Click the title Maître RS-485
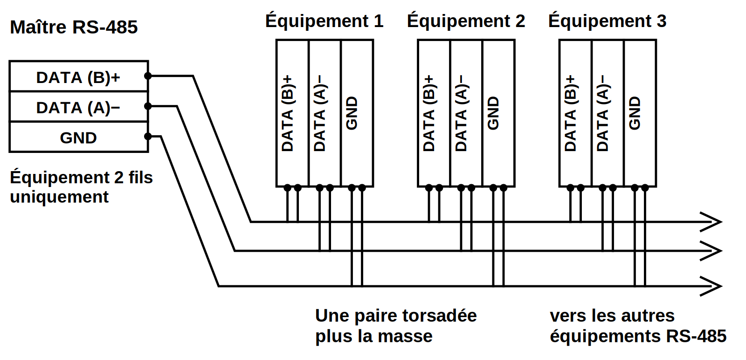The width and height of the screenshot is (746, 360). pos(74,27)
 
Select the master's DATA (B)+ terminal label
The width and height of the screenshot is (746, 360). pos(78,77)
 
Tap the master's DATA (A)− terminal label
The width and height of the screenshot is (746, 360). pos(78,108)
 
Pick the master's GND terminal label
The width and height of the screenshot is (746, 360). pos(78,138)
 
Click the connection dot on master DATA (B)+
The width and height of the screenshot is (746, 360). pos(148,76)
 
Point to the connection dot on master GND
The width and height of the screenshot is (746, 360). pos(148,137)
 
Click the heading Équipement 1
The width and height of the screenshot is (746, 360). pos(325,21)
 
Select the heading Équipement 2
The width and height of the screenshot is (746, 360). pos(466,21)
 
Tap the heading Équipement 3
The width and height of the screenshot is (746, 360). pos(608,21)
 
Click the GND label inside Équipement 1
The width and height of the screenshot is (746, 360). pos(352,113)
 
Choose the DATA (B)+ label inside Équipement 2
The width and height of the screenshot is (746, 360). pos(429,113)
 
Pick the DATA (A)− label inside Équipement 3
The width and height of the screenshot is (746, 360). pos(602,113)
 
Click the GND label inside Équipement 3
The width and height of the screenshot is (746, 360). pos(635,113)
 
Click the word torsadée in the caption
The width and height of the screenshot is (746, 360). pos(440,315)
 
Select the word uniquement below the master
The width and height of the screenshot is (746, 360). pos(59,197)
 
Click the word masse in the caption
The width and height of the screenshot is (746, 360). pos(405,336)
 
